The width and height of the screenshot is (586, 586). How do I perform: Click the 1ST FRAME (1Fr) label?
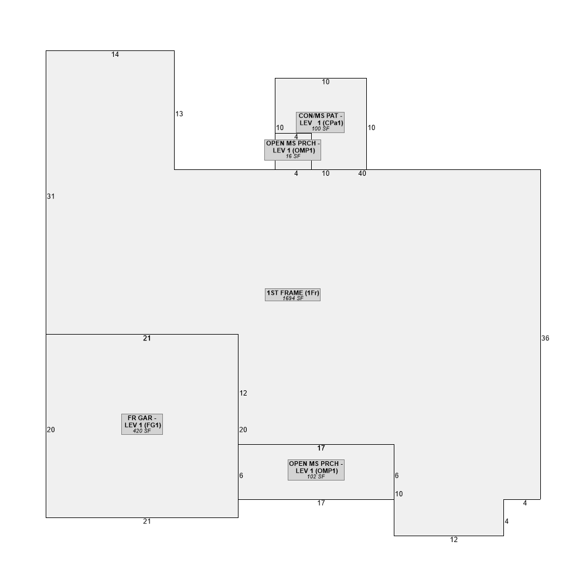[x=292, y=295]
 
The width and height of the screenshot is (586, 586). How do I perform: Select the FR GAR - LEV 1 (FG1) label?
[x=142, y=424]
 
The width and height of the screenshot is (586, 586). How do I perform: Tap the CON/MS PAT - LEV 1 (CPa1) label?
[x=321, y=122]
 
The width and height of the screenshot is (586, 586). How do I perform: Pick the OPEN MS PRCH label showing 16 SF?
[x=292, y=150]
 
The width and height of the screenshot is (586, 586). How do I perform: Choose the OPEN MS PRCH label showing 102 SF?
[x=316, y=470]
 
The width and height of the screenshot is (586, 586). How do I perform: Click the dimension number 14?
[x=115, y=54]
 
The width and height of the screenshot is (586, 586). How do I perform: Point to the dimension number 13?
[x=179, y=114]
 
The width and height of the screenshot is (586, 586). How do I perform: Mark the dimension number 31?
[x=51, y=196]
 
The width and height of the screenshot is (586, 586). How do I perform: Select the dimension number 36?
[x=545, y=338]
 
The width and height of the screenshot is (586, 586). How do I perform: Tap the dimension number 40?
[x=362, y=173]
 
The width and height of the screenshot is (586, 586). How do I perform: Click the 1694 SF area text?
[x=293, y=298]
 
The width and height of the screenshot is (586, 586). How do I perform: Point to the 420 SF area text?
[x=142, y=431]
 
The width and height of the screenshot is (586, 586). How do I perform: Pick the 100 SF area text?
[x=321, y=129]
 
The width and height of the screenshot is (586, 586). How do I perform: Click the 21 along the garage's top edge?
[x=147, y=338]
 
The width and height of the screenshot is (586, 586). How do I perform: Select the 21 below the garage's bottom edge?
[x=147, y=522]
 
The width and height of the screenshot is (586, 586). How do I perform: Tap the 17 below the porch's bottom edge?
[x=321, y=503]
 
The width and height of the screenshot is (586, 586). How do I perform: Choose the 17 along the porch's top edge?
[x=321, y=448]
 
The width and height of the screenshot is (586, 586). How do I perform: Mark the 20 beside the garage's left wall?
[x=51, y=430]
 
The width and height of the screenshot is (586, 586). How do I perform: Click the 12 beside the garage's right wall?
[x=243, y=393]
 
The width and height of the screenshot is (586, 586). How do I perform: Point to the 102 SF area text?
[x=316, y=476]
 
